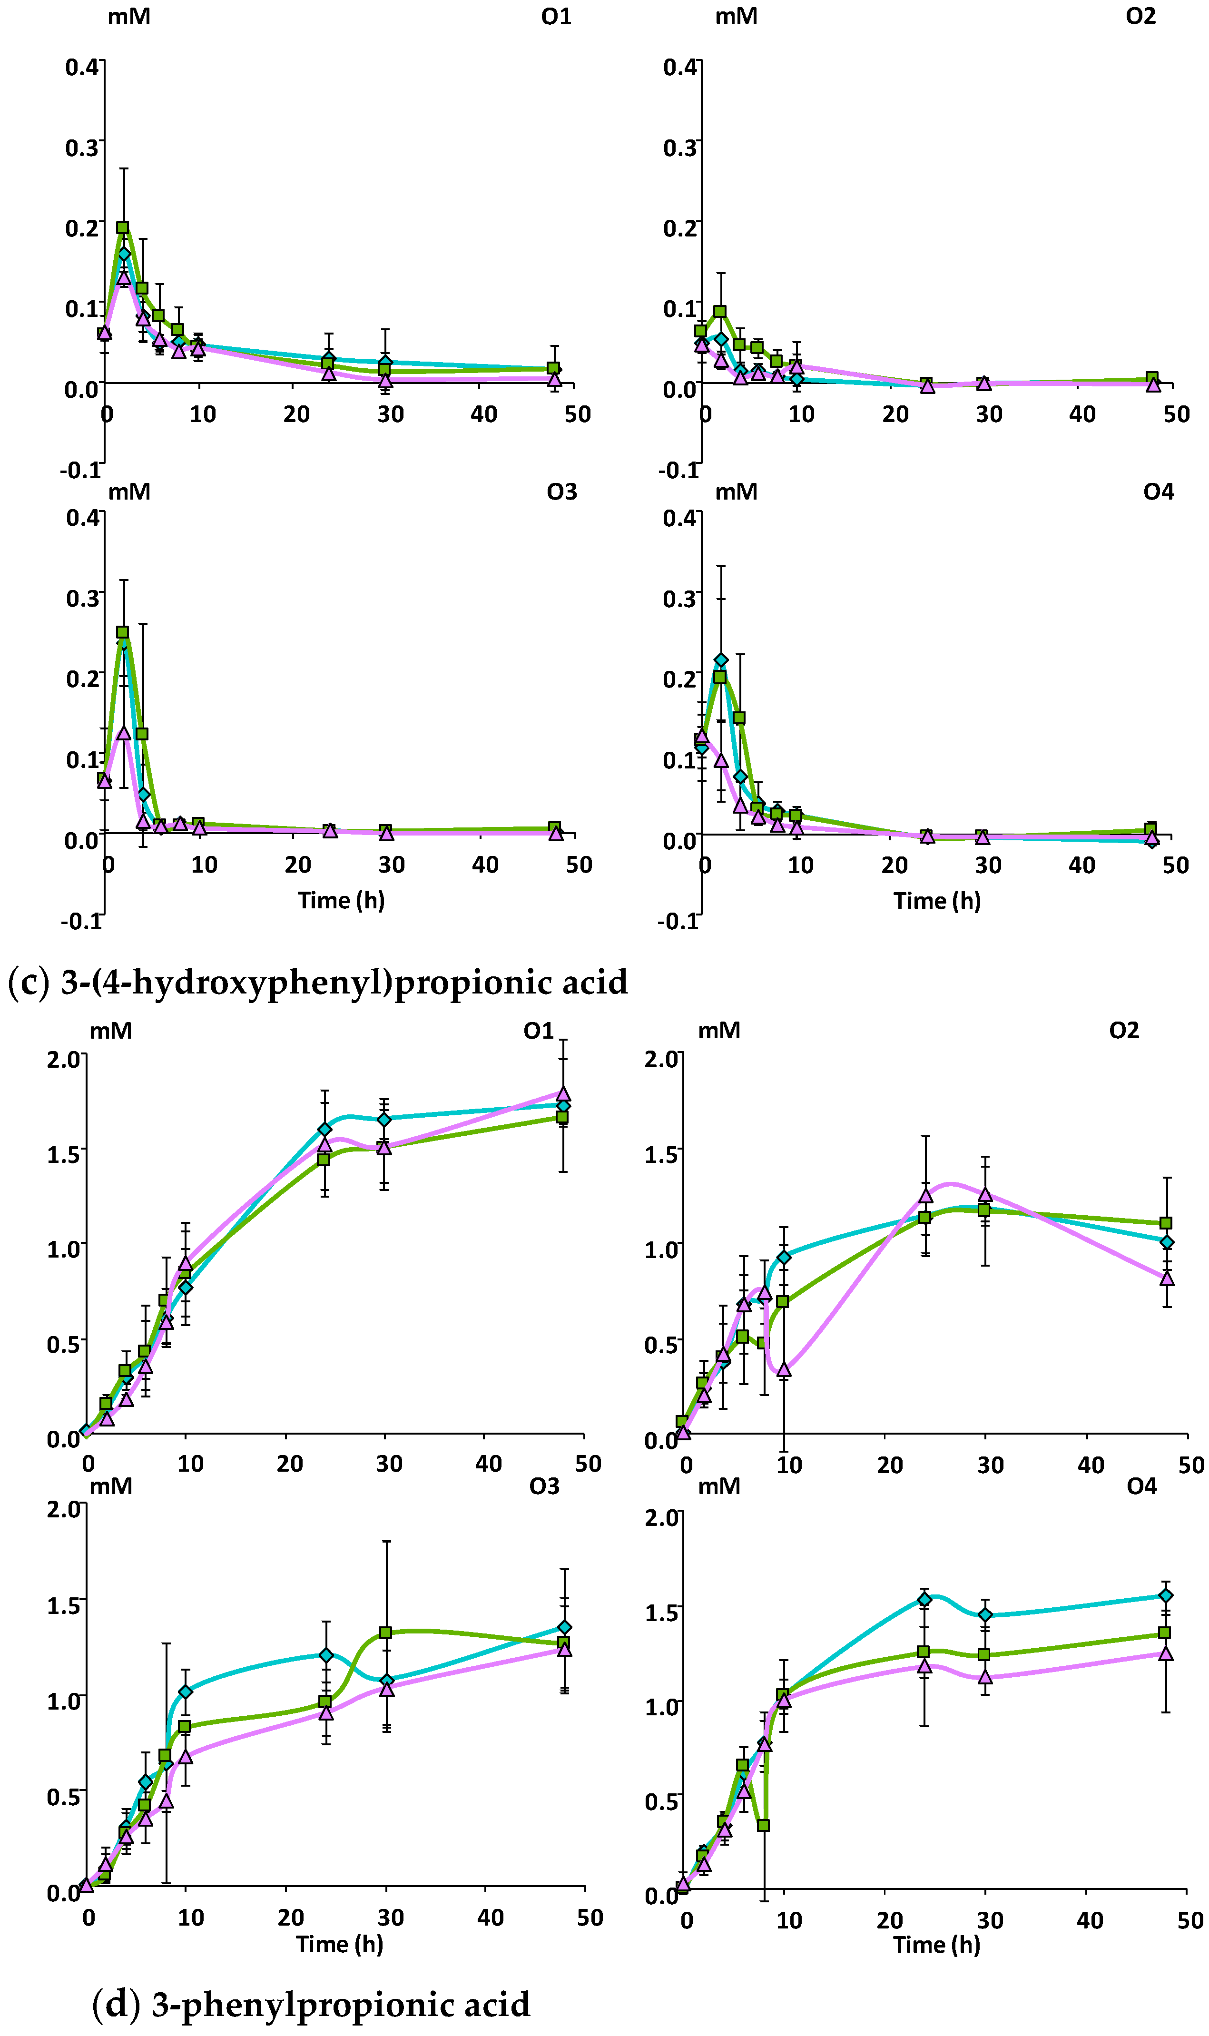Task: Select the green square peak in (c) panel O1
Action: (x=123, y=228)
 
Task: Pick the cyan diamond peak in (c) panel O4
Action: (x=721, y=660)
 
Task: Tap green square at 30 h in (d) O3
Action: (x=386, y=1633)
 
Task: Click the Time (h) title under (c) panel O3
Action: (x=341, y=900)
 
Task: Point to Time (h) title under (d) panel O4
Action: (x=937, y=1945)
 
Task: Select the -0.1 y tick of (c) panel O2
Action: (x=678, y=470)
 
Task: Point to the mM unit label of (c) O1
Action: (x=129, y=16)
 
